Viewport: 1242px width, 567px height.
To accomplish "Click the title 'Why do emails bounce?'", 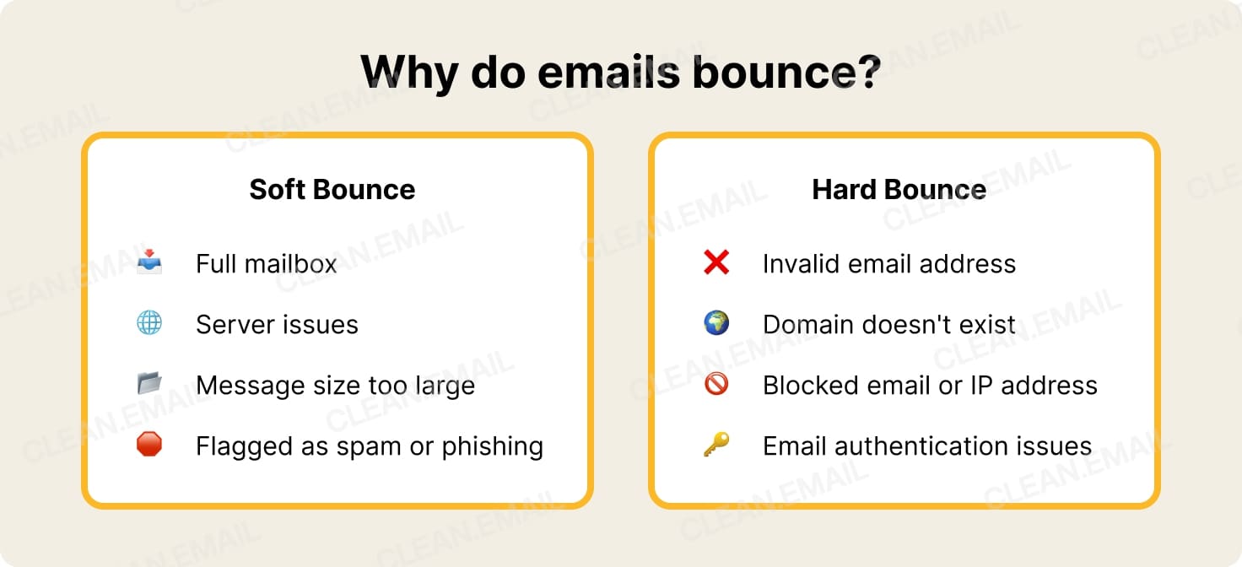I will point(620,72).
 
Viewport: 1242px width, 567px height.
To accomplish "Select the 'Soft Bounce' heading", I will point(332,189).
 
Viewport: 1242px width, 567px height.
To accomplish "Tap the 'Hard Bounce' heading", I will point(899,189).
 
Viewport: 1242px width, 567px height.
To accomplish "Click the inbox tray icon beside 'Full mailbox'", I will point(149,262).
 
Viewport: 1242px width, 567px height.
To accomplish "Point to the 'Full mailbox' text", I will point(266,264).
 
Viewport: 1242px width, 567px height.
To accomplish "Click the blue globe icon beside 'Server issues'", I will point(149,323).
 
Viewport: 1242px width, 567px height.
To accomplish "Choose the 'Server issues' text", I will point(277,325).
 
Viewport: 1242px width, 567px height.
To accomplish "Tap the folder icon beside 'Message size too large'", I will point(149,384).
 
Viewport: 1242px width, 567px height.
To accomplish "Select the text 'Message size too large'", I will point(335,386).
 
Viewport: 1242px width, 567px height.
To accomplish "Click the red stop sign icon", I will point(149,445).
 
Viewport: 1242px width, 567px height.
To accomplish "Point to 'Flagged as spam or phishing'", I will point(369,446).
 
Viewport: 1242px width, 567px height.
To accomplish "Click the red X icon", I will point(716,262).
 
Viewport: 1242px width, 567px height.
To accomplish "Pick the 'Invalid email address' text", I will point(888,264).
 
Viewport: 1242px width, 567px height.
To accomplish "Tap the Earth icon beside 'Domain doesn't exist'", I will point(716,323).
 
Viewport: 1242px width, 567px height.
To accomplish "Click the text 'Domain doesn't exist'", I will point(888,325).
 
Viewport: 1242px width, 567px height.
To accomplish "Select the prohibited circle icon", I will point(716,384).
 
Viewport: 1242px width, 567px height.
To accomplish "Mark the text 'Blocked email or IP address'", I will point(930,386).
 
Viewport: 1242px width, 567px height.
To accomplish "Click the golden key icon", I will point(716,445).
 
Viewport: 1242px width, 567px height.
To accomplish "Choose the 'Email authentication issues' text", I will point(926,446).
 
